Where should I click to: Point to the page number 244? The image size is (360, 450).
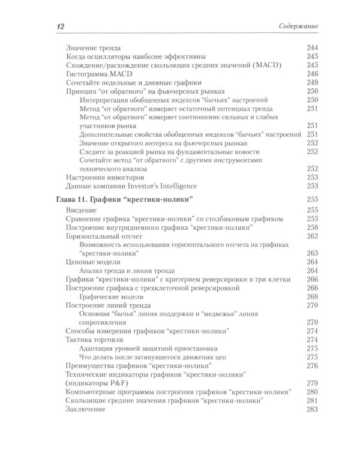[x=312, y=48]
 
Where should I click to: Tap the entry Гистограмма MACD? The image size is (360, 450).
[x=98, y=74]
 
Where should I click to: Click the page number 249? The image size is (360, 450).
[x=312, y=82]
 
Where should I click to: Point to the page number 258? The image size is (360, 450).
[x=312, y=229]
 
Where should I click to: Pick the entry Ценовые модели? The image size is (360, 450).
[x=92, y=262]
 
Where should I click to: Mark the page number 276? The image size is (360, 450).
[x=312, y=365]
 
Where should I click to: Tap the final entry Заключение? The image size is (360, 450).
[x=86, y=409]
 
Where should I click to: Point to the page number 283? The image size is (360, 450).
[x=312, y=409]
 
